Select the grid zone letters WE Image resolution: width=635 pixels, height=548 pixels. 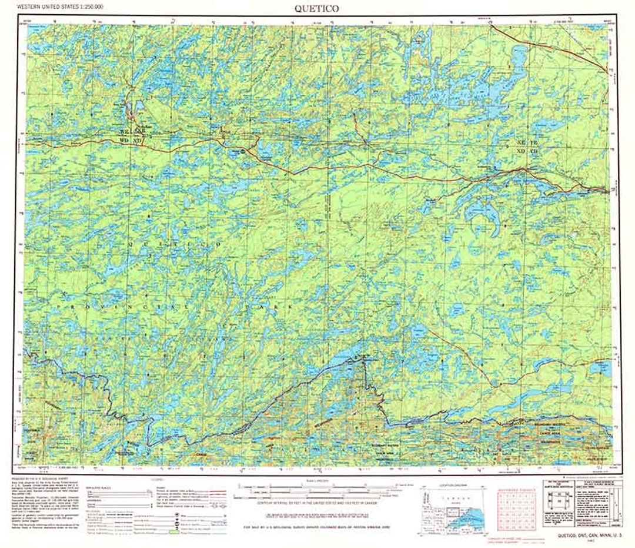pyautogui.click(x=123, y=132)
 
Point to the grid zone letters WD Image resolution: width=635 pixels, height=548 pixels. pyautogui.click(x=123, y=141)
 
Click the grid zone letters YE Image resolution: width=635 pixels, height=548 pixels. pyautogui.click(x=533, y=143)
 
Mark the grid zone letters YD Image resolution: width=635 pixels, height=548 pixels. pyautogui.click(x=533, y=152)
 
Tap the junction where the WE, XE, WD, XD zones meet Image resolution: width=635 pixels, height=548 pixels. pyautogui.click(x=132, y=137)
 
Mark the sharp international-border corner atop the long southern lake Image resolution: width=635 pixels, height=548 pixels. pyautogui.click(x=363, y=357)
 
